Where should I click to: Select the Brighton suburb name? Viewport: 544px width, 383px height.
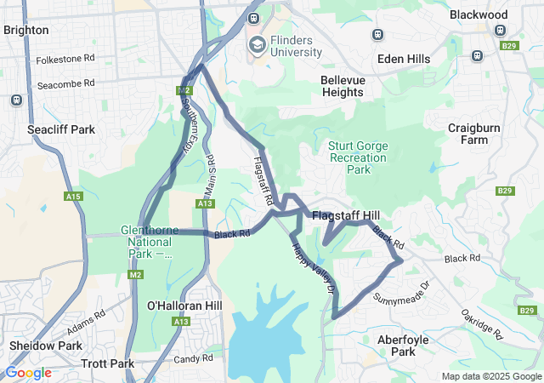(25, 30)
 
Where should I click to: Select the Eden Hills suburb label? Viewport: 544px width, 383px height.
(401, 60)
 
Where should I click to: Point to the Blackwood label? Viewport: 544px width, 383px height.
(479, 14)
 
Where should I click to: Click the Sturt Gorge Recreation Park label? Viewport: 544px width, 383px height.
(359, 157)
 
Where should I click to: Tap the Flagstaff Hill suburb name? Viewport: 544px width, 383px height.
(345, 216)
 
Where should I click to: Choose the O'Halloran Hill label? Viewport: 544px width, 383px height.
(184, 306)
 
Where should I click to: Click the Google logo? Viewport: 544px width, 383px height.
(28, 373)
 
